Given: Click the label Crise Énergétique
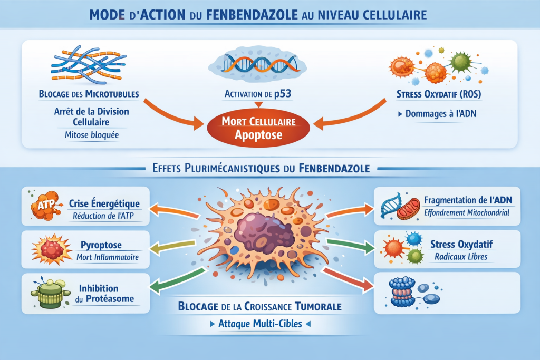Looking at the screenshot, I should coord(104,203).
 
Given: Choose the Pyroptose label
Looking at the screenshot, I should coord(102,246).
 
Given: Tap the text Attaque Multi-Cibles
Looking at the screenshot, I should coord(260,324).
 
